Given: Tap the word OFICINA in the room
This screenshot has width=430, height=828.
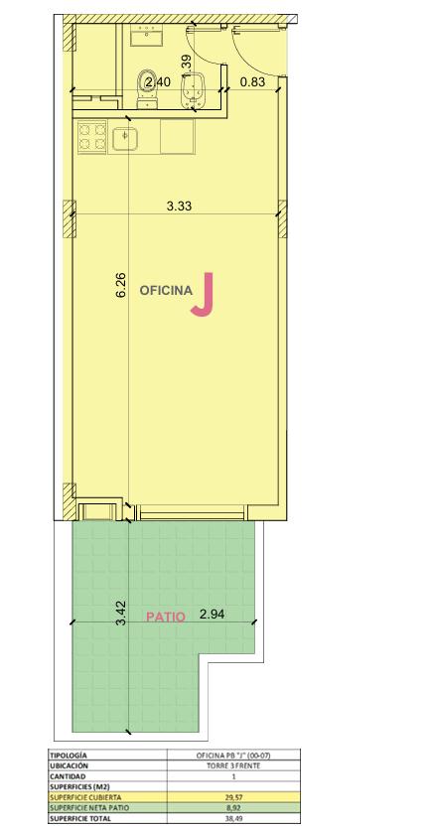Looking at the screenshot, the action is coord(166,291).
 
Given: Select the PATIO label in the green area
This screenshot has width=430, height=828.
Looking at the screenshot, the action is coord(166,617).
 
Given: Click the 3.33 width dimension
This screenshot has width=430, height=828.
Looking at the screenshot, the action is coord(179,207).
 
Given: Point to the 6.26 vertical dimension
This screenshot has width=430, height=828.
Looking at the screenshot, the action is coord(121,285).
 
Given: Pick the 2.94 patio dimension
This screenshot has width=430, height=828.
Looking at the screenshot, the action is coord(213,614).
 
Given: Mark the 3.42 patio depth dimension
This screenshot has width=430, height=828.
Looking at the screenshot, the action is coord(121,614).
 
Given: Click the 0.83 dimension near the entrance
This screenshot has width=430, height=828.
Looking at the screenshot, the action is coord(252,81).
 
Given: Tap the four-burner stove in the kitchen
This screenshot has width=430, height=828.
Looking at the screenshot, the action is coord(92,137).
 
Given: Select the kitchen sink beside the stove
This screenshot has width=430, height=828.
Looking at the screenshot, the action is coord(125,138).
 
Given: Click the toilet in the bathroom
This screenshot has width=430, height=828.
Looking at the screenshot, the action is coord(147,88).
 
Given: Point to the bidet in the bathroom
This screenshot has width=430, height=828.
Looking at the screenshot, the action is coord(192,90).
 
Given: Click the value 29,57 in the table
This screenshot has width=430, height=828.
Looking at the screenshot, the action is coord(233,797).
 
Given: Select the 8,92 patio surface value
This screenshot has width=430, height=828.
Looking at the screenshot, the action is coord(233,807).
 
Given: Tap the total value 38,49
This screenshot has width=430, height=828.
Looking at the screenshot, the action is coord(233,818).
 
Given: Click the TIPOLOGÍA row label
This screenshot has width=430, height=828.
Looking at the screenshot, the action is coord(69,756).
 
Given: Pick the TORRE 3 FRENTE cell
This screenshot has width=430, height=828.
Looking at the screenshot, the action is coord(233,765).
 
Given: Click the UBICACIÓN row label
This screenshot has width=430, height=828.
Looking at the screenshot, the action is coord(70,765).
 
